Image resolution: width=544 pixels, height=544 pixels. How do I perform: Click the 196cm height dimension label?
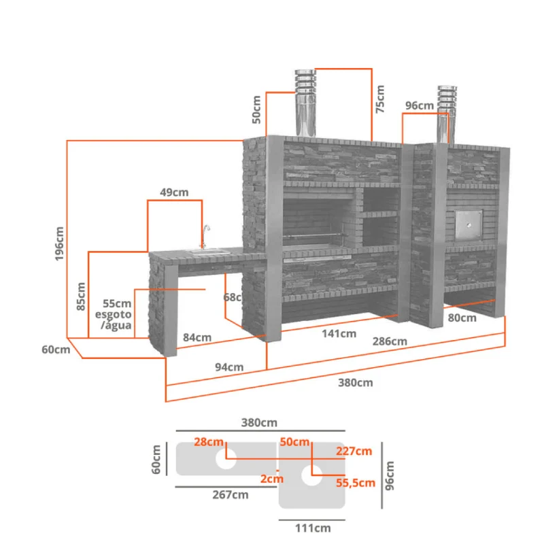pyautogui.click(x=59, y=243)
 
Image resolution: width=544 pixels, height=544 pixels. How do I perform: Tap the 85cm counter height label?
pyautogui.click(x=80, y=296)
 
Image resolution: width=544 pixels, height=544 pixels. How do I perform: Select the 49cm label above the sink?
pyautogui.click(x=174, y=192)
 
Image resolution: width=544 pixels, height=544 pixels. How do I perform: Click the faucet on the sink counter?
pyautogui.click(x=205, y=236)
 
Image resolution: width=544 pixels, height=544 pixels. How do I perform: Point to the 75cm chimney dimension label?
pyautogui.click(x=380, y=99)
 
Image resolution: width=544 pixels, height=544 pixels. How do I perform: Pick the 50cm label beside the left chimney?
pyautogui.click(x=256, y=109)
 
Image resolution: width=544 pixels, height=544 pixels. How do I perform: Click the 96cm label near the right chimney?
pyautogui.click(x=420, y=105)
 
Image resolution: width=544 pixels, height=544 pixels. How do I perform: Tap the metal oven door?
pyautogui.click(x=469, y=225)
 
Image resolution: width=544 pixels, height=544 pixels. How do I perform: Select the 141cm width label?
pyautogui.click(x=339, y=334)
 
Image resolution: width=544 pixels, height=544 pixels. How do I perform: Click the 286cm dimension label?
pyautogui.click(x=390, y=341)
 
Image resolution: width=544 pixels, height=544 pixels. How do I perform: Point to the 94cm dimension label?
pyautogui.click(x=229, y=367)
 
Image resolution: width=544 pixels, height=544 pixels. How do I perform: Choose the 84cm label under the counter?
pyautogui.click(x=197, y=337)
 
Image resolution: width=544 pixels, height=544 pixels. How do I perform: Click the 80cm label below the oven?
pyautogui.click(x=462, y=318)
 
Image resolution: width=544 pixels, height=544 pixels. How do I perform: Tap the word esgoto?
pyautogui.click(x=114, y=315)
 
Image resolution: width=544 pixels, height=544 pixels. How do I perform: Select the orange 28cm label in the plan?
pyautogui.click(x=209, y=442)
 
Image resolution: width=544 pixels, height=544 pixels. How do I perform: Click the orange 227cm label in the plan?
pyautogui.click(x=354, y=452)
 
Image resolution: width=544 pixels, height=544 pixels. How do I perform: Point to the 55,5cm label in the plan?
pyautogui.click(x=356, y=483)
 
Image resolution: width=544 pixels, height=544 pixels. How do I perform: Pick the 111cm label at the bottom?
pyautogui.click(x=313, y=528)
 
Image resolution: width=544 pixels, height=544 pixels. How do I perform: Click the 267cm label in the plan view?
pyautogui.click(x=231, y=495)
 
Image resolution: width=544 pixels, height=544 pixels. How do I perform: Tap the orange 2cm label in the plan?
pyautogui.click(x=272, y=479)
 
